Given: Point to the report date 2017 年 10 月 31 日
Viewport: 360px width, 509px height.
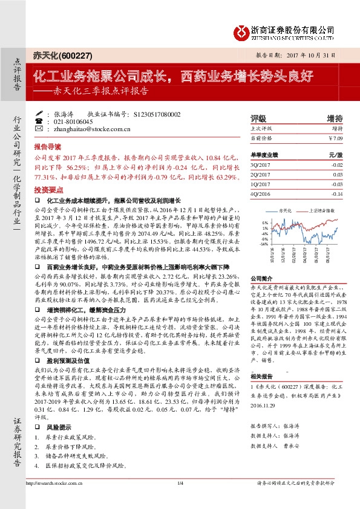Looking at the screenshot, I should pos(303,54).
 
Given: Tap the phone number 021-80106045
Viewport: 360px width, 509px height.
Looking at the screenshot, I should pos(76,121).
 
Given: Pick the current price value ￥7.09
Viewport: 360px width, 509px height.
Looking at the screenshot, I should pos(335,138).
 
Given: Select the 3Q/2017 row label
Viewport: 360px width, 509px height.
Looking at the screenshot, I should pos(262,164).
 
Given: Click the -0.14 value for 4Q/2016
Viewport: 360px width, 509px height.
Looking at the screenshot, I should pos(336,194).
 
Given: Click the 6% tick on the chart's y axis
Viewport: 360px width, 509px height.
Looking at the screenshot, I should pos(264,222).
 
